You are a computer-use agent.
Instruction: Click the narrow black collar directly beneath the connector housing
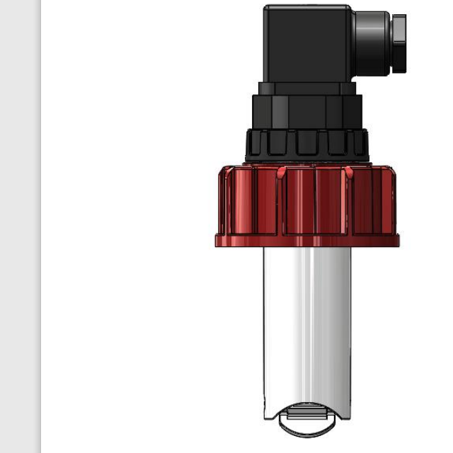point(306,88)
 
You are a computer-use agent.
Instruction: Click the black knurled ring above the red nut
point(306,144)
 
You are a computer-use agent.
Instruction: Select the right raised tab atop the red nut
point(348,171)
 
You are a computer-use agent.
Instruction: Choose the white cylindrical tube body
point(306,326)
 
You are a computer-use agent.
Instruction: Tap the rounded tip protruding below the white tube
point(306,428)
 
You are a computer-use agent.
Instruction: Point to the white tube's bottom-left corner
point(267,415)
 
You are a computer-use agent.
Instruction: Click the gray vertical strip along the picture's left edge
point(20,226)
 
